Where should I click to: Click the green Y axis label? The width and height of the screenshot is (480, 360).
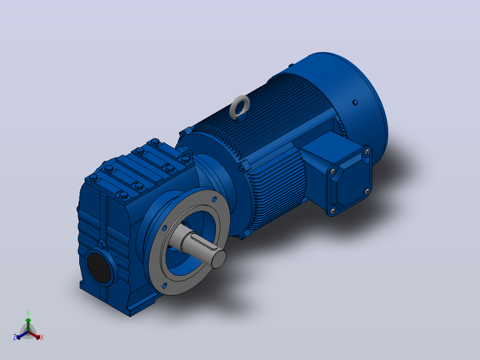pos(28,313)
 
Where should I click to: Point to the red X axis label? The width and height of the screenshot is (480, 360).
pos(42,337)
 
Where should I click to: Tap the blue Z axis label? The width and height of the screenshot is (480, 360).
pos(15,337)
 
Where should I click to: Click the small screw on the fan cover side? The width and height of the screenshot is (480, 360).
pos(355,102)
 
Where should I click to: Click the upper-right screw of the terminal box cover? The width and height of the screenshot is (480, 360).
pos(367,151)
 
